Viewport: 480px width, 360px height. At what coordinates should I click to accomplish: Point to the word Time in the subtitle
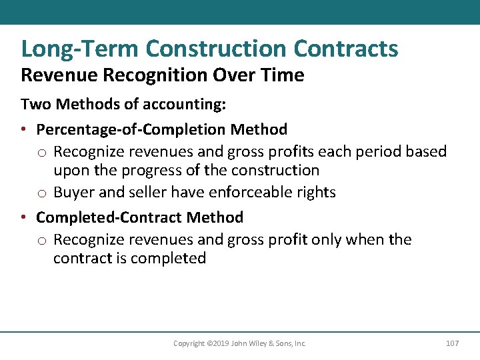pos(284,75)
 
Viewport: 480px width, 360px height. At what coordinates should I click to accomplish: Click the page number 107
pos(452,343)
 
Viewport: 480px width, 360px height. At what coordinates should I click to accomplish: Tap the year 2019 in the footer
pos(219,343)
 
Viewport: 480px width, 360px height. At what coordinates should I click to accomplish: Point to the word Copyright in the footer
pos(189,343)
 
